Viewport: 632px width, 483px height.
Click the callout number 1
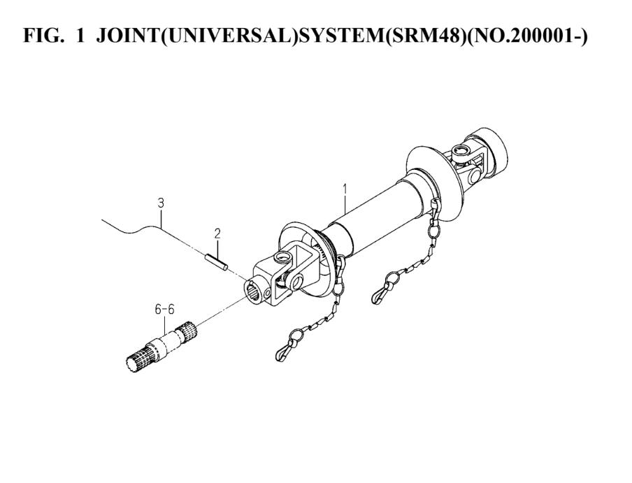pyautogui.click(x=345, y=189)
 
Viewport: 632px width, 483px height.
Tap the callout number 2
pyautogui.click(x=217, y=233)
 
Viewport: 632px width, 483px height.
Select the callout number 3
pyautogui.click(x=161, y=203)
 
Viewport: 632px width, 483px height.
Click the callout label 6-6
pyautogui.click(x=164, y=310)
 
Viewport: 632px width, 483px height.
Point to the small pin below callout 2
pyautogui.click(x=217, y=263)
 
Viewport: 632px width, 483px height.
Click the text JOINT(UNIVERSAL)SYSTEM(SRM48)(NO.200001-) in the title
pyautogui.click(x=342, y=36)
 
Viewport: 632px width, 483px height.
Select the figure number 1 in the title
pyautogui.click(x=80, y=36)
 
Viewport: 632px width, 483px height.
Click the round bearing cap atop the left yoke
pyautogui.click(x=282, y=257)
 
